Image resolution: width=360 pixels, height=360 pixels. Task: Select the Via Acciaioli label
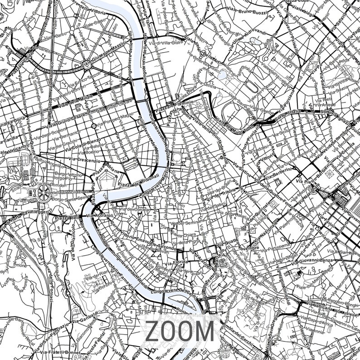100,215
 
